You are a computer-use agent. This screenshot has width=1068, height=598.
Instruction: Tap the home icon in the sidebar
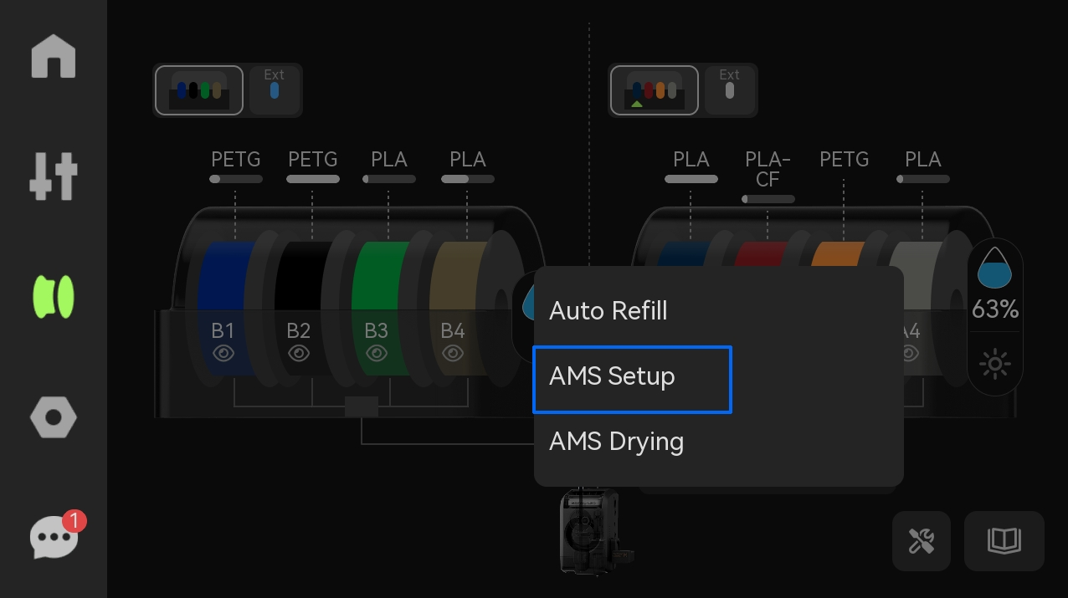pyautogui.click(x=54, y=56)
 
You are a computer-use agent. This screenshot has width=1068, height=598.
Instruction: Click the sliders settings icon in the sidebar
pyautogui.click(x=54, y=176)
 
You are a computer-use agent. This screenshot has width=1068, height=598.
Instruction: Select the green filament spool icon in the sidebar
pyautogui.click(x=54, y=296)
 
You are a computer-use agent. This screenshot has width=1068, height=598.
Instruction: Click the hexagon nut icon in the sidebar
pyautogui.click(x=54, y=417)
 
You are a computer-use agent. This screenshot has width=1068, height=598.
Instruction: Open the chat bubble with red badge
pyautogui.click(x=56, y=535)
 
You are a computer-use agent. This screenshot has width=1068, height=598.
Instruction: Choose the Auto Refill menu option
pyautogui.click(x=608, y=310)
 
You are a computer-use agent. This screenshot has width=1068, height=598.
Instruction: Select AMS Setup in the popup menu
pyautogui.click(x=632, y=380)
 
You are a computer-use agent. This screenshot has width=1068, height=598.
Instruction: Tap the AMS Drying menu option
pyautogui.click(x=616, y=442)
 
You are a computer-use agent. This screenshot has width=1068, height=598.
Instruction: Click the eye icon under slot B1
pyautogui.click(x=223, y=354)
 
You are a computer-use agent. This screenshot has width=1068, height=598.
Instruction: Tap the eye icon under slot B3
pyautogui.click(x=377, y=354)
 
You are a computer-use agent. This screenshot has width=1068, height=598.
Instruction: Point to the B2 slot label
pyautogui.click(x=299, y=330)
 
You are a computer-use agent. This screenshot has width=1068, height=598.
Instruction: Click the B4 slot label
pyautogui.click(x=453, y=330)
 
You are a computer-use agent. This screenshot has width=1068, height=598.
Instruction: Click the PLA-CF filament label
pyautogui.click(x=768, y=169)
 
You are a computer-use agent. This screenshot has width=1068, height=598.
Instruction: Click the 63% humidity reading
pyautogui.click(x=995, y=309)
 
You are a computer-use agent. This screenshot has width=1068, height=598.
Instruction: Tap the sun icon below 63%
pyautogui.click(x=994, y=364)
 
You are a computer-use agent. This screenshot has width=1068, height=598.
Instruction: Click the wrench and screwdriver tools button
pyautogui.click(x=922, y=541)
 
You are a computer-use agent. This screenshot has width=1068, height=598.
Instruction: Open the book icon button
pyautogui.click(x=1004, y=541)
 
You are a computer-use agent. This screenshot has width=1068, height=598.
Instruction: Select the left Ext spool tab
pyautogui.click(x=275, y=89)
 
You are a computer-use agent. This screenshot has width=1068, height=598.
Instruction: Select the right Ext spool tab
pyautogui.click(x=730, y=89)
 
